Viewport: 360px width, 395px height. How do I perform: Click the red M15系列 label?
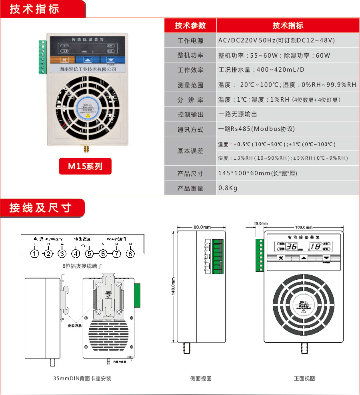point(85,166)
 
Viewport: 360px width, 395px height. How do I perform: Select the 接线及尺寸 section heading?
point(40,208)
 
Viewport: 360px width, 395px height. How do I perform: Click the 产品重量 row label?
point(190,188)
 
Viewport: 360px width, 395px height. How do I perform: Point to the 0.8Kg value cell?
point(228,188)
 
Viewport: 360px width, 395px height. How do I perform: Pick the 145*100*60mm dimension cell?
point(258,173)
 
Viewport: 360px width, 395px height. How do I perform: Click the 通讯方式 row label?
point(190,129)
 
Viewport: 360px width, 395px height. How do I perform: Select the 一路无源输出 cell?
point(238,114)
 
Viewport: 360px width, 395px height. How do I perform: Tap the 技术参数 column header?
point(190,26)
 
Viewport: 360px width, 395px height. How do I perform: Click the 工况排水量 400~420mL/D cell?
point(262,70)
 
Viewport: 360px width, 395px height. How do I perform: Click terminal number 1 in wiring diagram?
point(35,254)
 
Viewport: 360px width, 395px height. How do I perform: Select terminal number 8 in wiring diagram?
point(130,254)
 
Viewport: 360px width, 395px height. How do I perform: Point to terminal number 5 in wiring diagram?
point(89,254)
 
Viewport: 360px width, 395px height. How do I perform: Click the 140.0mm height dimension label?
point(173,287)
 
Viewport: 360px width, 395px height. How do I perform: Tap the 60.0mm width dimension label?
point(202,227)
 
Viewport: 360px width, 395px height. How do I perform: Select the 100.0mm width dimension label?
point(304,227)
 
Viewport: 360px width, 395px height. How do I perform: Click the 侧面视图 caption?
point(201,379)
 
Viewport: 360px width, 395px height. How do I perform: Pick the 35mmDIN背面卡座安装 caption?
point(82,379)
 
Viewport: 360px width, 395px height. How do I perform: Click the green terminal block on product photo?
point(43,57)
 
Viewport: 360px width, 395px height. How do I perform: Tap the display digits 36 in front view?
point(292,247)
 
